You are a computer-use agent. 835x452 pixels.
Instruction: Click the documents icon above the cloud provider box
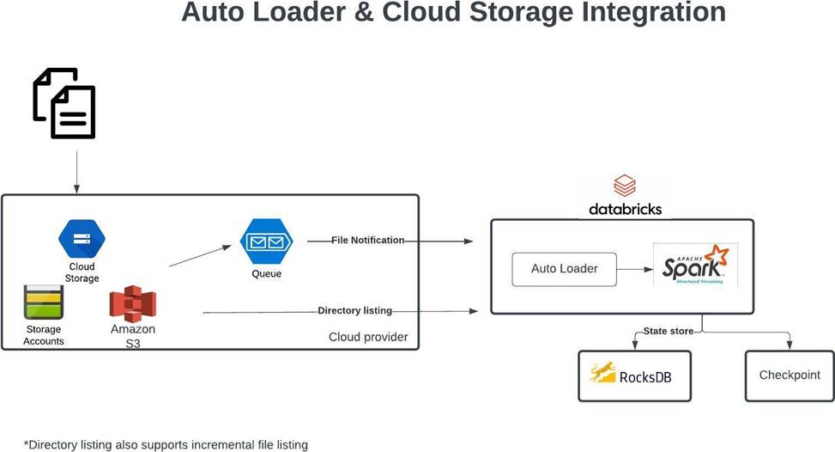coord(64,103)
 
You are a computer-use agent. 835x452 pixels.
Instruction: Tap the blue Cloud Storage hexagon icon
coord(82,239)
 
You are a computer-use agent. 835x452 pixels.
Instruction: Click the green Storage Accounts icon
coord(43,302)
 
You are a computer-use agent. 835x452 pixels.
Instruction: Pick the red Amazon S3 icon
coord(132,304)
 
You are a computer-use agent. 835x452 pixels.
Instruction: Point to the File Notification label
coord(367,241)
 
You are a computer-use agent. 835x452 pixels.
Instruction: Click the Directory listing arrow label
coord(354,310)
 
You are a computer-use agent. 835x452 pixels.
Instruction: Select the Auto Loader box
coord(564,269)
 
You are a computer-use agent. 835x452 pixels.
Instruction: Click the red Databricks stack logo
coord(625,186)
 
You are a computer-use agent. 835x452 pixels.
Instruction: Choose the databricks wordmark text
coord(625,209)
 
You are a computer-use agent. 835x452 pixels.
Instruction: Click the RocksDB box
coord(634,376)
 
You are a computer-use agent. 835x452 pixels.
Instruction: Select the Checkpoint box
coord(790,376)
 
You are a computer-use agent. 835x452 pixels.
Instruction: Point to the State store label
coord(669,331)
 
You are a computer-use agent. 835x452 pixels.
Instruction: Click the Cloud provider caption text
coord(368,337)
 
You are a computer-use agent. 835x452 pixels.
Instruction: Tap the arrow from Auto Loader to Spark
coord(636,269)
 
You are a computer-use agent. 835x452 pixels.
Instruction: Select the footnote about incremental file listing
coord(166,444)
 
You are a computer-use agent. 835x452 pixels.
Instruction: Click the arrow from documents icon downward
coord(76,172)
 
